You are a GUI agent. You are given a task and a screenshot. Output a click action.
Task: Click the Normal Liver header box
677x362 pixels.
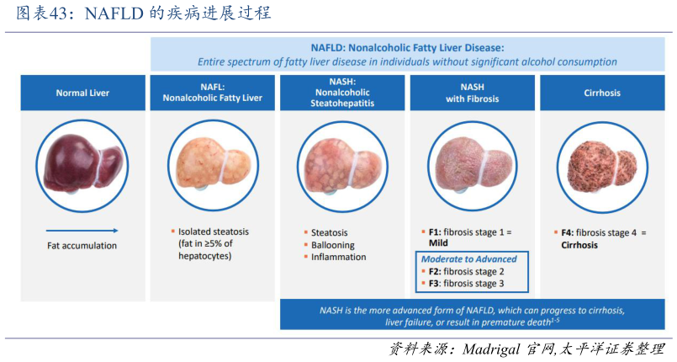tap(82, 93)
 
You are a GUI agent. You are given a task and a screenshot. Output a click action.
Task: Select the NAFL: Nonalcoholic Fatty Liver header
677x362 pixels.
tap(212, 93)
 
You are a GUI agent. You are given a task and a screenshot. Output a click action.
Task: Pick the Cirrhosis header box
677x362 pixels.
tap(601, 93)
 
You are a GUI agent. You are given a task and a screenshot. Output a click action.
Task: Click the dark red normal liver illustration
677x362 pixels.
tap(82, 161)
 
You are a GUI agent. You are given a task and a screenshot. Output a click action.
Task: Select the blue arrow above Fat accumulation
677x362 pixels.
tap(82, 231)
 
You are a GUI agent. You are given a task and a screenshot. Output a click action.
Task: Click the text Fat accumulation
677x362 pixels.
tap(82, 246)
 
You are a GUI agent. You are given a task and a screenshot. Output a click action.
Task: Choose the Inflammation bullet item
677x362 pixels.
tap(338, 258)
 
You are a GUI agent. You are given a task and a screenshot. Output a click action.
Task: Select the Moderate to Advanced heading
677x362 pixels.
tap(468, 259)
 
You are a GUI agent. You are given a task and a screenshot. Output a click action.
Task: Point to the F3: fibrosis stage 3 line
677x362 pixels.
tap(466, 285)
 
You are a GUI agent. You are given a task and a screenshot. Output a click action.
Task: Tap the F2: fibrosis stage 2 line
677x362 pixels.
tap(466, 272)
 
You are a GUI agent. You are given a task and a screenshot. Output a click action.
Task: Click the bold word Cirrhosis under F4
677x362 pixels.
tap(579, 245)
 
